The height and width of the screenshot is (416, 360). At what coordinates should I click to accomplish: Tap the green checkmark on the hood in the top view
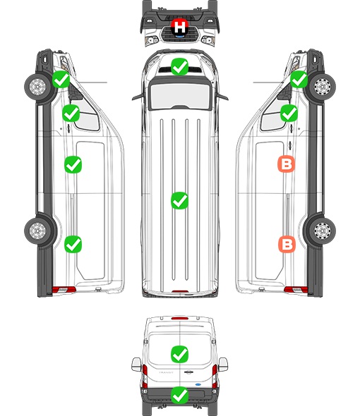pos(179,66)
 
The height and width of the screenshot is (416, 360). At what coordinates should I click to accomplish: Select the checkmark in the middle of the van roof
pos(179,200)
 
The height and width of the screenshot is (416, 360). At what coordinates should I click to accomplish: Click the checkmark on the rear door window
pos(180,354)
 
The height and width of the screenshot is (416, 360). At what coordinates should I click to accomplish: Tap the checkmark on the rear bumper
pos(180,396)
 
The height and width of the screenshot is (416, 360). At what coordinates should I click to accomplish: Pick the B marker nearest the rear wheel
pos(287,244)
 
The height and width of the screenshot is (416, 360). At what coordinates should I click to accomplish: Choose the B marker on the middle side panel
pos(287,164)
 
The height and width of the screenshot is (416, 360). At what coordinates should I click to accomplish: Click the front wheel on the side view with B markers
pos(321,87)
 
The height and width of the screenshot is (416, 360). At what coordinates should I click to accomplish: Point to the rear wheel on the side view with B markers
pos(321,231)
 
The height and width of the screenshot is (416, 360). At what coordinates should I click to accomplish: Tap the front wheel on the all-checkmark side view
pos(38,87)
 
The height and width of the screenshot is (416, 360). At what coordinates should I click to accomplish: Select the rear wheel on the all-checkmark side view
pos(38,231)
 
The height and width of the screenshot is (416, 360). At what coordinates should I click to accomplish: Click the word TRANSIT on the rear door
pos(166,372)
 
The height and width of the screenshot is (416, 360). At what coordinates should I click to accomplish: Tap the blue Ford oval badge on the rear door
pos(198,384)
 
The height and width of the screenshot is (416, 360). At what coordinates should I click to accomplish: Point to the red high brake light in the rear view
pos(180,318)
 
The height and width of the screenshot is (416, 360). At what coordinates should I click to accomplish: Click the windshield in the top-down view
pos(180,95)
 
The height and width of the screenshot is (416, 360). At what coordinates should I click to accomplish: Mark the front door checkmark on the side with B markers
pos(289,113)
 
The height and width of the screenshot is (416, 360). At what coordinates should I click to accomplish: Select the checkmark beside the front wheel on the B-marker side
pos(299,80)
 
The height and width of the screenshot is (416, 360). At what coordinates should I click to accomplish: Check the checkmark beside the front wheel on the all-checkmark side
pos(61,80)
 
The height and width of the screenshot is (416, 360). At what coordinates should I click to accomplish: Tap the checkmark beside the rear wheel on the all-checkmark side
pos(73,244)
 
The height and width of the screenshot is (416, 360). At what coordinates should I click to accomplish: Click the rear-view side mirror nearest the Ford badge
pos(224,365)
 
